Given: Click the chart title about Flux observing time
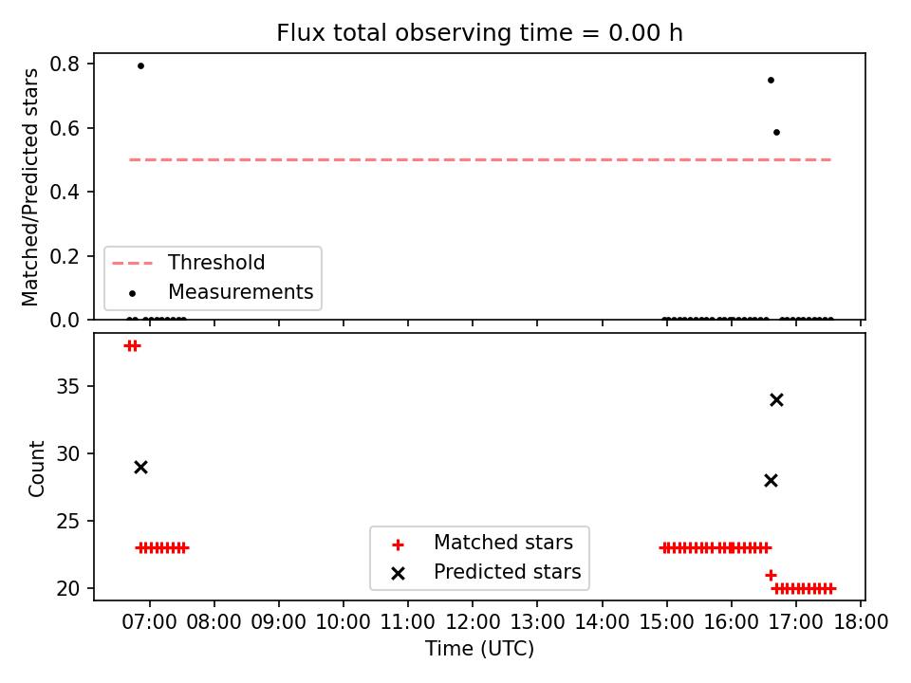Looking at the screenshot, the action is coord(479,33).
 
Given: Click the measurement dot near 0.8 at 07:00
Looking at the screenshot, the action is coord(140,65).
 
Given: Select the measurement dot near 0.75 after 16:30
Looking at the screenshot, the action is coord(771,80).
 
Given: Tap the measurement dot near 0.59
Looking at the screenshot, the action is coord(777,133).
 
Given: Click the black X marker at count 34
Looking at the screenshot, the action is coord(777,400).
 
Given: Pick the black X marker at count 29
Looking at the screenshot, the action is coord(140,468).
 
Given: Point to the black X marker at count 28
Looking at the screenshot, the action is coord(771,481).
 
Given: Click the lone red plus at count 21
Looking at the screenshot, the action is coord(771,575).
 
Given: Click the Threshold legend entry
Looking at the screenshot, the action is coord(188,263).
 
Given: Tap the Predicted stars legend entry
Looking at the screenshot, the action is coord(486,572).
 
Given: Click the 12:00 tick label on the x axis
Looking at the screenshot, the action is coord(473,622).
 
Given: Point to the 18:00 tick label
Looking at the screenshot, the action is coord(861,622).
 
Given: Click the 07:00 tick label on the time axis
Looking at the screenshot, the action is coord(149,622).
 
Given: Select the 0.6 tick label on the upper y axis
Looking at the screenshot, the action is coord(65,128).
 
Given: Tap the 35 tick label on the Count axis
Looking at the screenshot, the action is coord(67,387).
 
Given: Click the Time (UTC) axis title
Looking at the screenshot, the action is coord(479,648).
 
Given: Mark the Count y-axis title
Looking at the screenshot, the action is coord(37,469).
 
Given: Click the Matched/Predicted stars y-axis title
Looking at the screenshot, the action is coord(29,187).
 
